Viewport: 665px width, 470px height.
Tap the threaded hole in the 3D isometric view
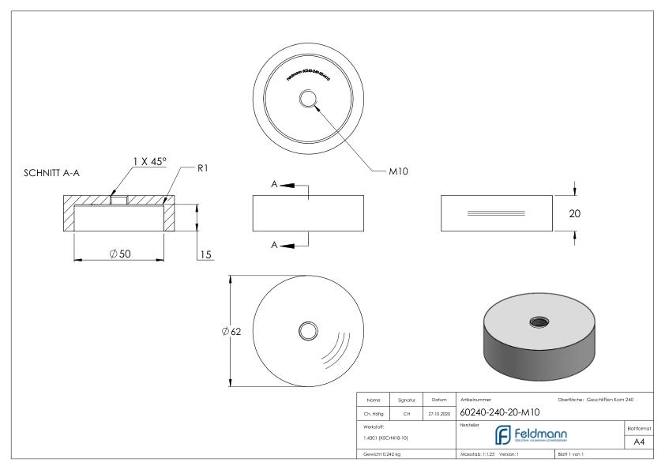pos(542,320)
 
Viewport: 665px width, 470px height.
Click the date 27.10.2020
pos(438,412)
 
